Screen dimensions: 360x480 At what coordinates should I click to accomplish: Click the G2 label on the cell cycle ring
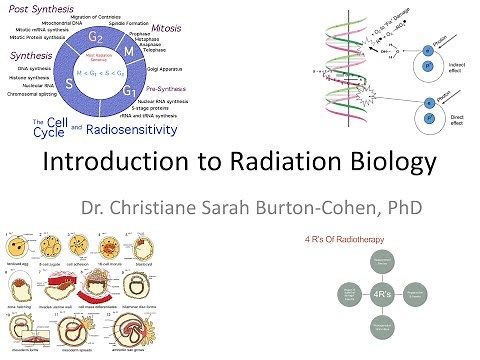(x=96, y=41)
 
